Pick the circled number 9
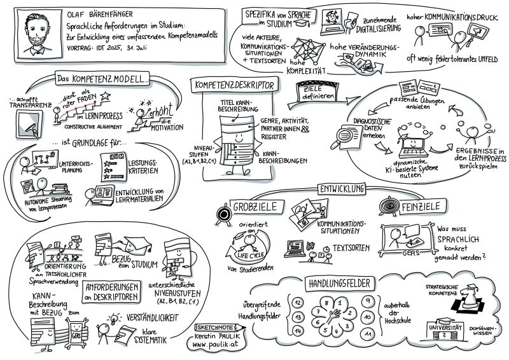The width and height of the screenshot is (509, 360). pos(368,300)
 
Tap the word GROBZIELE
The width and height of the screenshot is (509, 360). pos(258,207)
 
